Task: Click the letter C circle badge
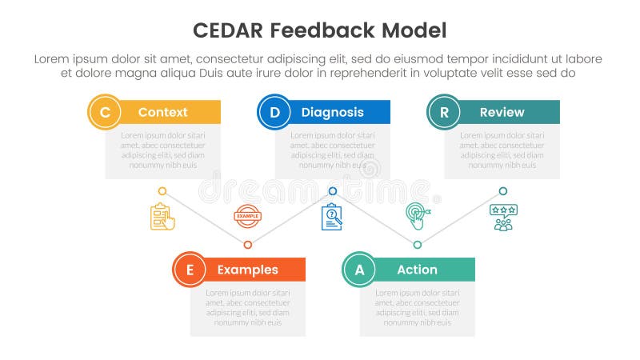coord(105,112)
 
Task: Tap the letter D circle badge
coord(274,112)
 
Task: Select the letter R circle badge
coord(444,112)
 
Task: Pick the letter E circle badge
coord(190,269)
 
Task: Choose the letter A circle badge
coord(359,269)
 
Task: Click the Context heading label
coord(162,112)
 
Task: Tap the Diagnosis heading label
coord(332,112)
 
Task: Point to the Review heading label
coord(502,112)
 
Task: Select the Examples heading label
coord(247,270)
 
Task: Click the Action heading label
coord(417,270)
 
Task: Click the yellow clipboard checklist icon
coord(162,217)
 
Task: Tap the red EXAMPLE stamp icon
coord(247,216)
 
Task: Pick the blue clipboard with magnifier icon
coord(331,217)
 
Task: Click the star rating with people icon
coord(503,217)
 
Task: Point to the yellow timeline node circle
coord(162,191)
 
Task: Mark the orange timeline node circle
coord(247,245)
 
